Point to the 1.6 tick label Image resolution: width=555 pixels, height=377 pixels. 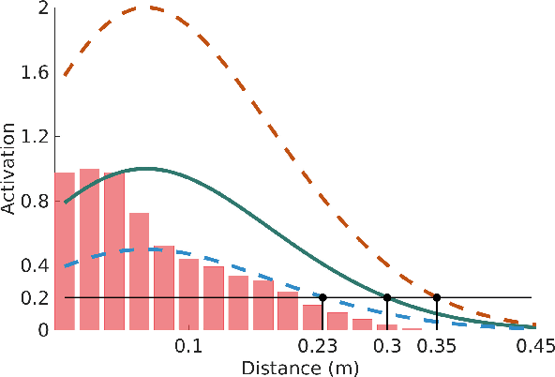coord(35,72)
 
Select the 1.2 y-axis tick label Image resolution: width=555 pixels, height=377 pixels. coord(35,137)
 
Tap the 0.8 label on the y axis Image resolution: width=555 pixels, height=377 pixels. coord(35,201)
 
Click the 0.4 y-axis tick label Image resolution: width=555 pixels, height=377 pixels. coord(35,265)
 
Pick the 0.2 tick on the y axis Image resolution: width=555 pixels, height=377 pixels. coord(35,298)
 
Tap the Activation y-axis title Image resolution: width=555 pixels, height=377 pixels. coord(9,170)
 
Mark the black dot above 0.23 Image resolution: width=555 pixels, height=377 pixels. coord(322,297)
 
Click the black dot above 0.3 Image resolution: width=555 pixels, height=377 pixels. coord(387,297)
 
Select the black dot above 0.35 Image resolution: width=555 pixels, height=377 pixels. coord(437,297)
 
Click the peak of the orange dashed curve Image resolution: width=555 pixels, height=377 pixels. coord(146,8)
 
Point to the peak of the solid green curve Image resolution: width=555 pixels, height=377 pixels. coord(145,169)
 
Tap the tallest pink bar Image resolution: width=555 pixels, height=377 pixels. coord(89,249)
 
